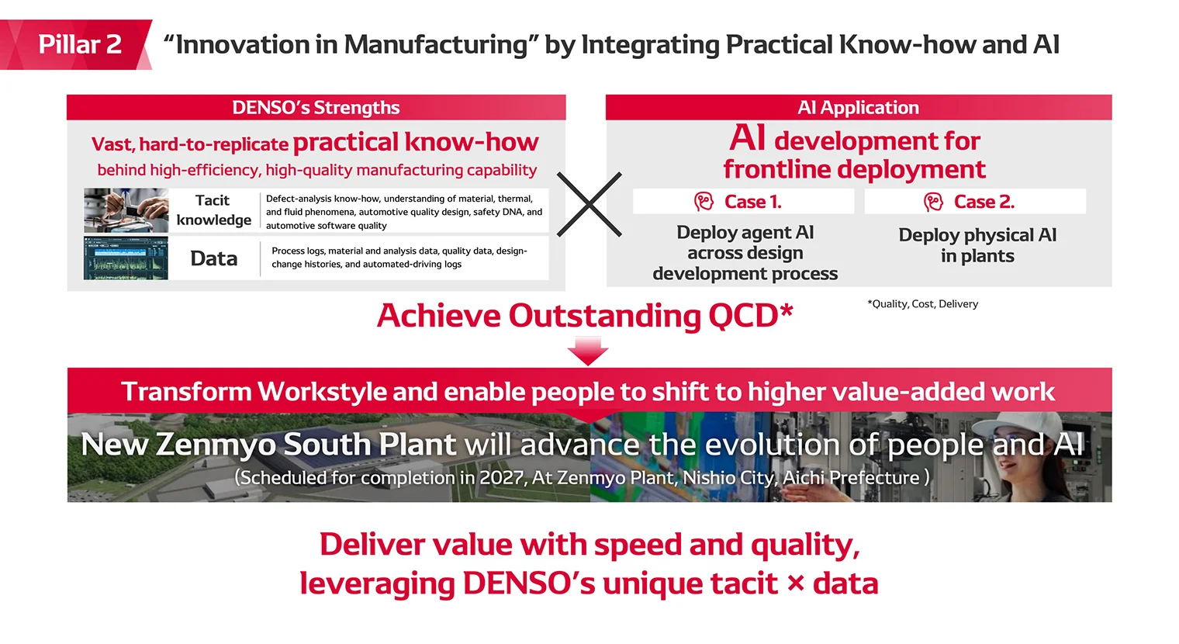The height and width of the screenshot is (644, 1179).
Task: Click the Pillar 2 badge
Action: tap(79, 44)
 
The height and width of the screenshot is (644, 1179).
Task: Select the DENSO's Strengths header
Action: tap(316, 107)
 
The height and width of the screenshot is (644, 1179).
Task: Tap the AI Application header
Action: tap(858, 107)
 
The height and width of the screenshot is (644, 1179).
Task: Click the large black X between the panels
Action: tap(589, 204)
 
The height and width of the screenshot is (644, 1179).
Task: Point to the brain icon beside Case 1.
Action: tap(704, 202)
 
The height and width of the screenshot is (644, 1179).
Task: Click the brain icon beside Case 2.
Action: tap(933, 202)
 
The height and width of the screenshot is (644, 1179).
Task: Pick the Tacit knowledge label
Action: tap(213, 210)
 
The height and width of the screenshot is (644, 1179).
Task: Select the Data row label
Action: tap(214, 258)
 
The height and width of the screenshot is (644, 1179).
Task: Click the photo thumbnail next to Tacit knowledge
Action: tap(126, 210)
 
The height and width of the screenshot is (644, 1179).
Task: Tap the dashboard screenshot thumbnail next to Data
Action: tap(126, 258)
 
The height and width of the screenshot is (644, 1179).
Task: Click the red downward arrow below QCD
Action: tap(588, 351)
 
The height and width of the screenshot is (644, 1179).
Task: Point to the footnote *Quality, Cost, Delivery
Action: tap(922, 304)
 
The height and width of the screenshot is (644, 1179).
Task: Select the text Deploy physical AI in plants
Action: tap(977, 245)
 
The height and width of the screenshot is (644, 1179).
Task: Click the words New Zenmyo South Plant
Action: tap(268, 445)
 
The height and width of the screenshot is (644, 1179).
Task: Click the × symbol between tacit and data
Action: tap(795, 583)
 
